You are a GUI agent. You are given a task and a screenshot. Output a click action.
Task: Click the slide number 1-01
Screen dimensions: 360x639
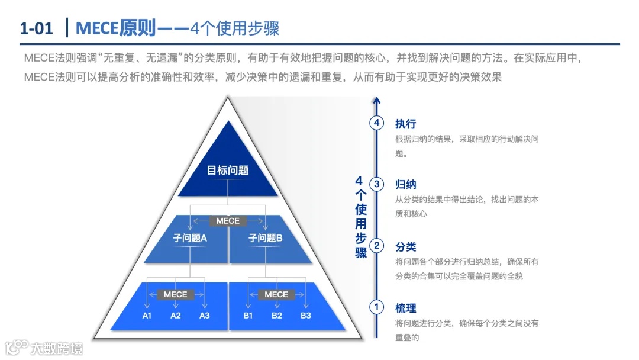(x=36, y=28)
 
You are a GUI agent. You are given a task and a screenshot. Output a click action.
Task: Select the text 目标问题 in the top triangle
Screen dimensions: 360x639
(x=228, y=171)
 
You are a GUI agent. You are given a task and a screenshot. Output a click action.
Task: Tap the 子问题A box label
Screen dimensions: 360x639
(x=189, y=238)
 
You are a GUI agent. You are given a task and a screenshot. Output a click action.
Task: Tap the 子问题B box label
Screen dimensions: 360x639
(x=266, y=238)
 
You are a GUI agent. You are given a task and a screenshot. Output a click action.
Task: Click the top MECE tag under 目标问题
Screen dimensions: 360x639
(x=228, y=221)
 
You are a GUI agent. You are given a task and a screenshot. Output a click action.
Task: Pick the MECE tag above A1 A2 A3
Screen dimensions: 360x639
(x=175, y=294)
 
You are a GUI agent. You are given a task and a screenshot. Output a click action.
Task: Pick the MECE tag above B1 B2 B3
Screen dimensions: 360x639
(x=276, y=294)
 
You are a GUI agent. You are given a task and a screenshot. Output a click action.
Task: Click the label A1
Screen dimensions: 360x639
(x=147, y=316)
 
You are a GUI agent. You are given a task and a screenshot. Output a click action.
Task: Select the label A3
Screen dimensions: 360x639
(x=204, y=316)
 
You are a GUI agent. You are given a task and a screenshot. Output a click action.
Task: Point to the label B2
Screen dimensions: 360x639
(x=277, y=316)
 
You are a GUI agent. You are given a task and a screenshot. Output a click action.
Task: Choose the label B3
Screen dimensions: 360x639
(x=305, y=316)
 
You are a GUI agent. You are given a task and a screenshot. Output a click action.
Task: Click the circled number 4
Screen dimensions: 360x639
(x=376, y=123)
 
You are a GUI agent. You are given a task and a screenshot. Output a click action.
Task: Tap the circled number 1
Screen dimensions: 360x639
(x=376, y=307)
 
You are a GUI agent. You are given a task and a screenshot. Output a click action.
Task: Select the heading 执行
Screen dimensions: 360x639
(x=405, y=124)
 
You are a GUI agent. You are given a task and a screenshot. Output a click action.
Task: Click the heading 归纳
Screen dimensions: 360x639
(x=405, y=185)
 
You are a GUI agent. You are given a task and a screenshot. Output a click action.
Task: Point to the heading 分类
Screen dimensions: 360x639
(x=405, y=246)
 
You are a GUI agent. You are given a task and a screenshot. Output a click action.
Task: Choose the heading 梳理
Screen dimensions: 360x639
(x=405, y=308)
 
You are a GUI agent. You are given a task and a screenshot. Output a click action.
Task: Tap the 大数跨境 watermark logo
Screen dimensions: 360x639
(x=44, y=348)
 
